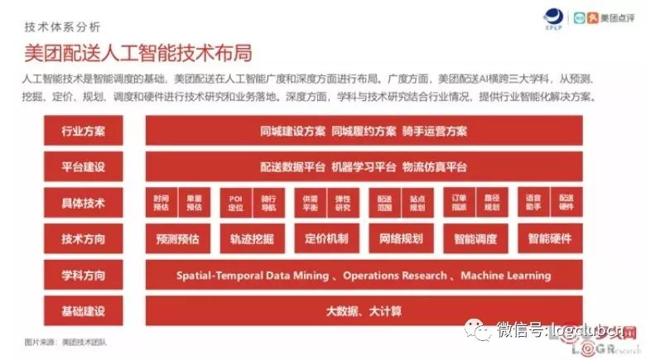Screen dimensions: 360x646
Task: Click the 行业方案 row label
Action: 83,131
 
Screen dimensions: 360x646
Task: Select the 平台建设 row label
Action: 83,166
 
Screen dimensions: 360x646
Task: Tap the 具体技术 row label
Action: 83,203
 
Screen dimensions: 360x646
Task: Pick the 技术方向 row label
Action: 83,239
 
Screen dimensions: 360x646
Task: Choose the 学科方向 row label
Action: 83,275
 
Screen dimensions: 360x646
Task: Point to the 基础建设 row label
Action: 83,311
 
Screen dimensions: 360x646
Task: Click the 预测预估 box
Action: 177,239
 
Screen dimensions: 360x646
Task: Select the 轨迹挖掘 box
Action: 252,239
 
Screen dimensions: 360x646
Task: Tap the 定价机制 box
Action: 326,239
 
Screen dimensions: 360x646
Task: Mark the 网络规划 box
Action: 401,239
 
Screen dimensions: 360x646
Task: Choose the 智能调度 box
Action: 475,239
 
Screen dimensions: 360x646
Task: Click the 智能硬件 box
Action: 550,239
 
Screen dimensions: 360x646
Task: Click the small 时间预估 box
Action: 161,203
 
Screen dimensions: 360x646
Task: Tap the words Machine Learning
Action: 505,275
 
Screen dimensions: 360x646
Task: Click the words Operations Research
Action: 396,275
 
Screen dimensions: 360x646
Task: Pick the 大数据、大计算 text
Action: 364,311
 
